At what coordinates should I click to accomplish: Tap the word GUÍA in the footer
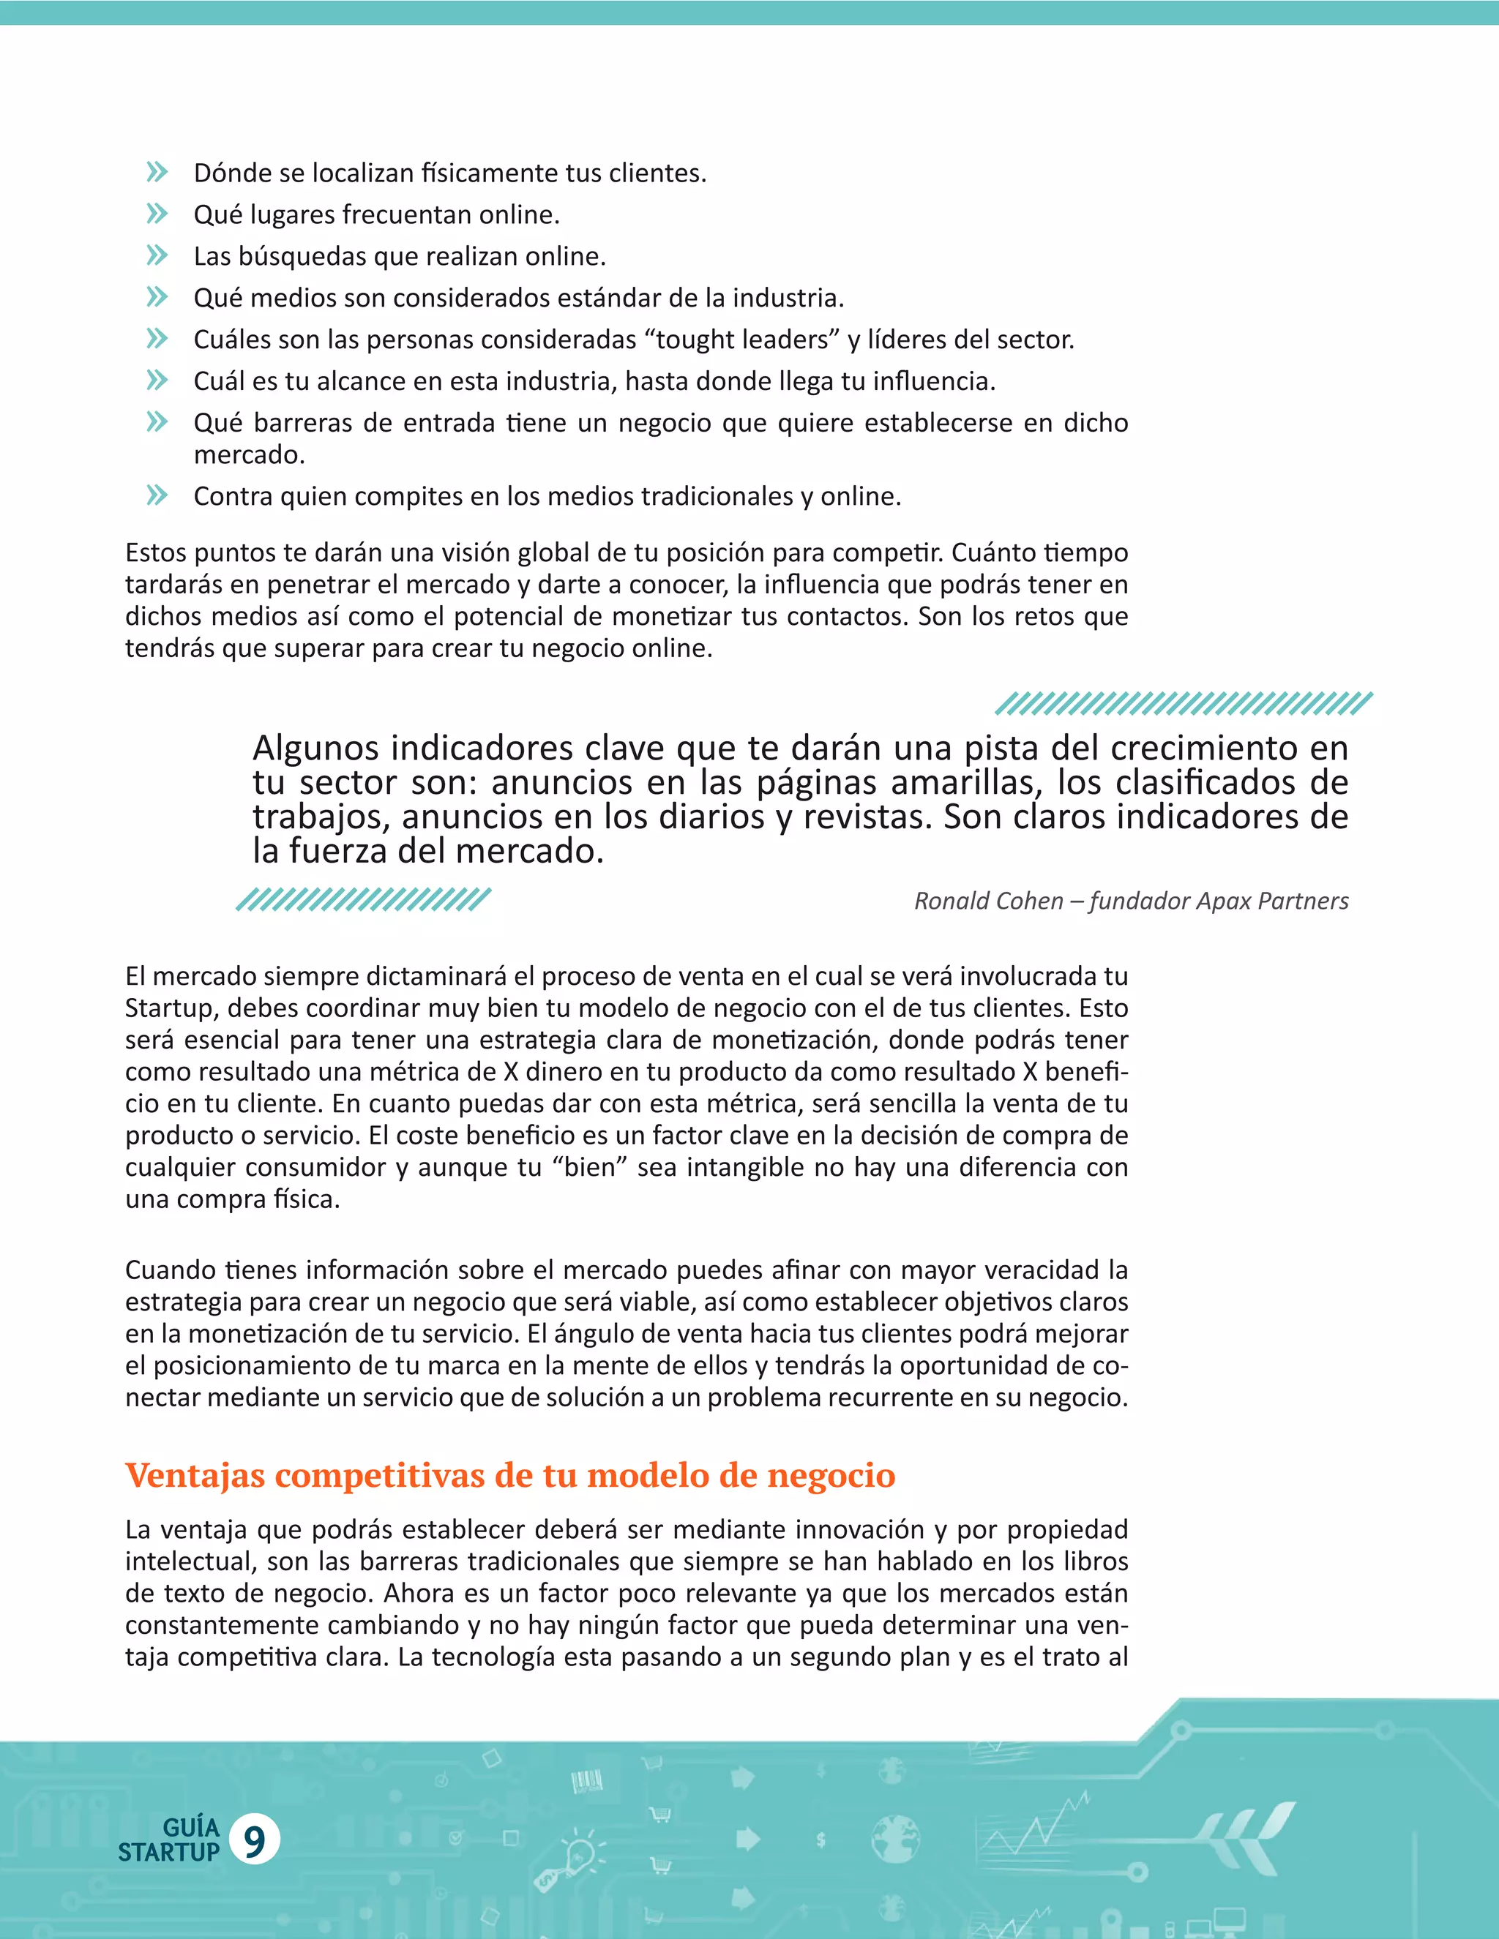click(x=191, y=1827)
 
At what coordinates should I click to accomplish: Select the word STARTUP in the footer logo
click(x=169, y=1853)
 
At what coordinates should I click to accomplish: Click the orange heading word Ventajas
click(x=195, y=1476)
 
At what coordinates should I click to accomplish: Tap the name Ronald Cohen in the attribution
click(x=988, y=901)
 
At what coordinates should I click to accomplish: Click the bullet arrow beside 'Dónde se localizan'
click(x=157, y=172)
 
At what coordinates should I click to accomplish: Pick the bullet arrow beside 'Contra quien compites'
click(x=157, y=495)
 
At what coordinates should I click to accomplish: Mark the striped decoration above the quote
click(x=1183, y=703)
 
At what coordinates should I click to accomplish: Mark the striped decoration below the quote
click(x=362, y=899)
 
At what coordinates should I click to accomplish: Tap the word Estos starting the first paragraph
click(x=155, y=552)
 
